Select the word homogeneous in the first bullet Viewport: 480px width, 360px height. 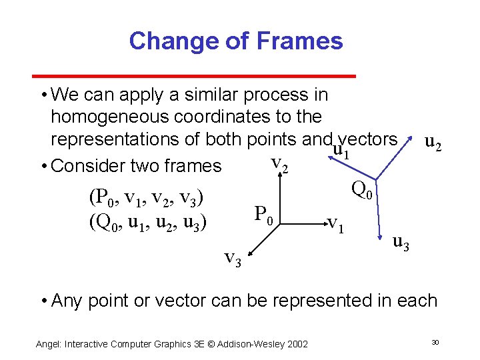click(110, 117)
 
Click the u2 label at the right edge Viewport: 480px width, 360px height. click(433, 143)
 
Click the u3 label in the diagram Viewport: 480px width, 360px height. click(401, 244)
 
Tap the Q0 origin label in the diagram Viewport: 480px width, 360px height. click(364, 191)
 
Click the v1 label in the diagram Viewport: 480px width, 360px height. click(336, 223)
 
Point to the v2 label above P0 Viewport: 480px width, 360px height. click(279, 163)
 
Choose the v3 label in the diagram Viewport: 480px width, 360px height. click(233, 257)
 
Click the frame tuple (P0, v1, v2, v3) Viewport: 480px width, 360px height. click(145, 198)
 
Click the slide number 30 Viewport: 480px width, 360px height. click(434, 342)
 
